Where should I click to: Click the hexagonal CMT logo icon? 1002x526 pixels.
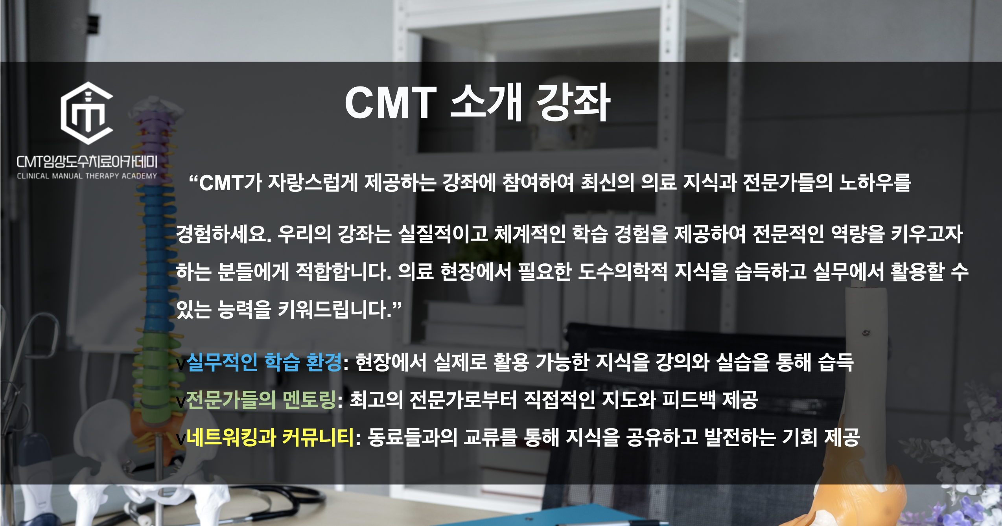pos(87,113)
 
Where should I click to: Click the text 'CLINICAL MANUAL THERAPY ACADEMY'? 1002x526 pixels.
pos(87,176)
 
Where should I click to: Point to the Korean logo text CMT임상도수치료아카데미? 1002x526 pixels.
pos(87,162)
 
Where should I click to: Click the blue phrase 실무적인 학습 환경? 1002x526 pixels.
pos(264,362)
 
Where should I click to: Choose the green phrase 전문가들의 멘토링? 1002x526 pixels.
pos(261,400)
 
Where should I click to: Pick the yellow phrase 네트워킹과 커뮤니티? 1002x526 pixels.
pos(270,437)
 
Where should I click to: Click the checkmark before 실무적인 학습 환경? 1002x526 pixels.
pos(181,364)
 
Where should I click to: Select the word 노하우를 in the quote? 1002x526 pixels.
pos(875,183)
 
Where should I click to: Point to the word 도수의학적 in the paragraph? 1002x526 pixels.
pos(623,272)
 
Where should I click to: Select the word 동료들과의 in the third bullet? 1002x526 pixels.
pos(413,437)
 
